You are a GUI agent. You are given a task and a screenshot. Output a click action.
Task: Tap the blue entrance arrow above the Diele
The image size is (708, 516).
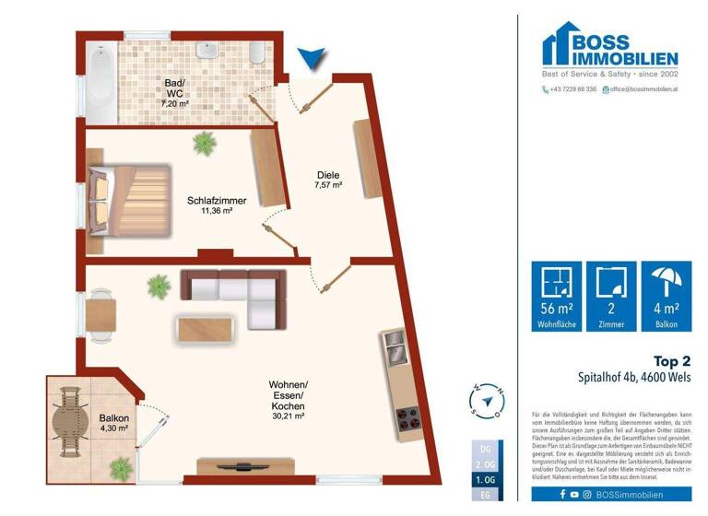(x=313, y=59)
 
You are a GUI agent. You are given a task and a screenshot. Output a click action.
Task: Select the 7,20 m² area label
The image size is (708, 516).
(x=174, y=104)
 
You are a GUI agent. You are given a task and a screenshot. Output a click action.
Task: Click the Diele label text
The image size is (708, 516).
(x=328, y=174)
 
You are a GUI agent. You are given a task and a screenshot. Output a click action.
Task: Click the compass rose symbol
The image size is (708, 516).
(x=488, y=401)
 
